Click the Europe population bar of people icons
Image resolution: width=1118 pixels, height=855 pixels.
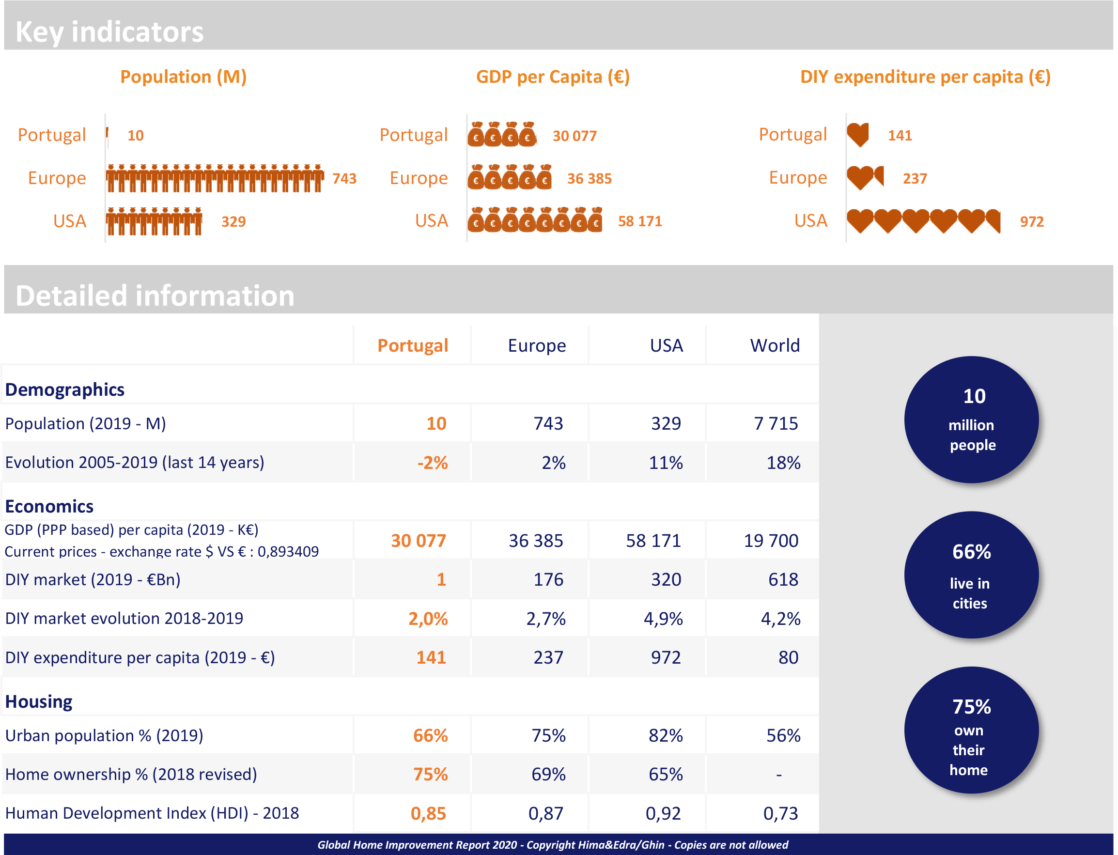(x=215, y=178)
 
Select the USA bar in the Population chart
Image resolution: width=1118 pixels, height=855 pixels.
(x=154, y=221)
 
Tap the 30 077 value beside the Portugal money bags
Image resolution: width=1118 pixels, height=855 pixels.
(x=575, y=136)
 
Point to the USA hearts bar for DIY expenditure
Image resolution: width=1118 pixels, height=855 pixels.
(x=923, y=221)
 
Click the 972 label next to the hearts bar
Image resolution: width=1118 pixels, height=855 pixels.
(x=1031, y=221)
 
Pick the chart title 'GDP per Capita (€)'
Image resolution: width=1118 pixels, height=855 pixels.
(x=553, y=77)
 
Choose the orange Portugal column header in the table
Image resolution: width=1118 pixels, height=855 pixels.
(x=412, y=345)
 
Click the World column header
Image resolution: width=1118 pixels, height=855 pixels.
(x=775, y=345)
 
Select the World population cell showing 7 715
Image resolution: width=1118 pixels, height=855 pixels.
(x=776, y=423)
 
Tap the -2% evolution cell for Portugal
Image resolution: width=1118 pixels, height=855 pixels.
(x=432, y=463)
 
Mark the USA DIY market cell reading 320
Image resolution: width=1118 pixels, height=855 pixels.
(x=666, y=580)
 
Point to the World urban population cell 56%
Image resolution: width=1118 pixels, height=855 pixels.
(x=783, y=735)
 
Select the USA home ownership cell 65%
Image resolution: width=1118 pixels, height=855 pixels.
(x=666, y=775)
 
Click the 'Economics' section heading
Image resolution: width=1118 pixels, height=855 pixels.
(x=49, y=506)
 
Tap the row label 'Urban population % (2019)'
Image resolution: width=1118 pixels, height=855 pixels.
(x=104, y=735)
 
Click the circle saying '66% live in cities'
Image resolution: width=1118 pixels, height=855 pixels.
(x=971, y=575)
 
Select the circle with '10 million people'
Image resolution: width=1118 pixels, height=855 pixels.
(x=971, y=420)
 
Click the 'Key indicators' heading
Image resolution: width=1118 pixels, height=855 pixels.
(x=109, y=32)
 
